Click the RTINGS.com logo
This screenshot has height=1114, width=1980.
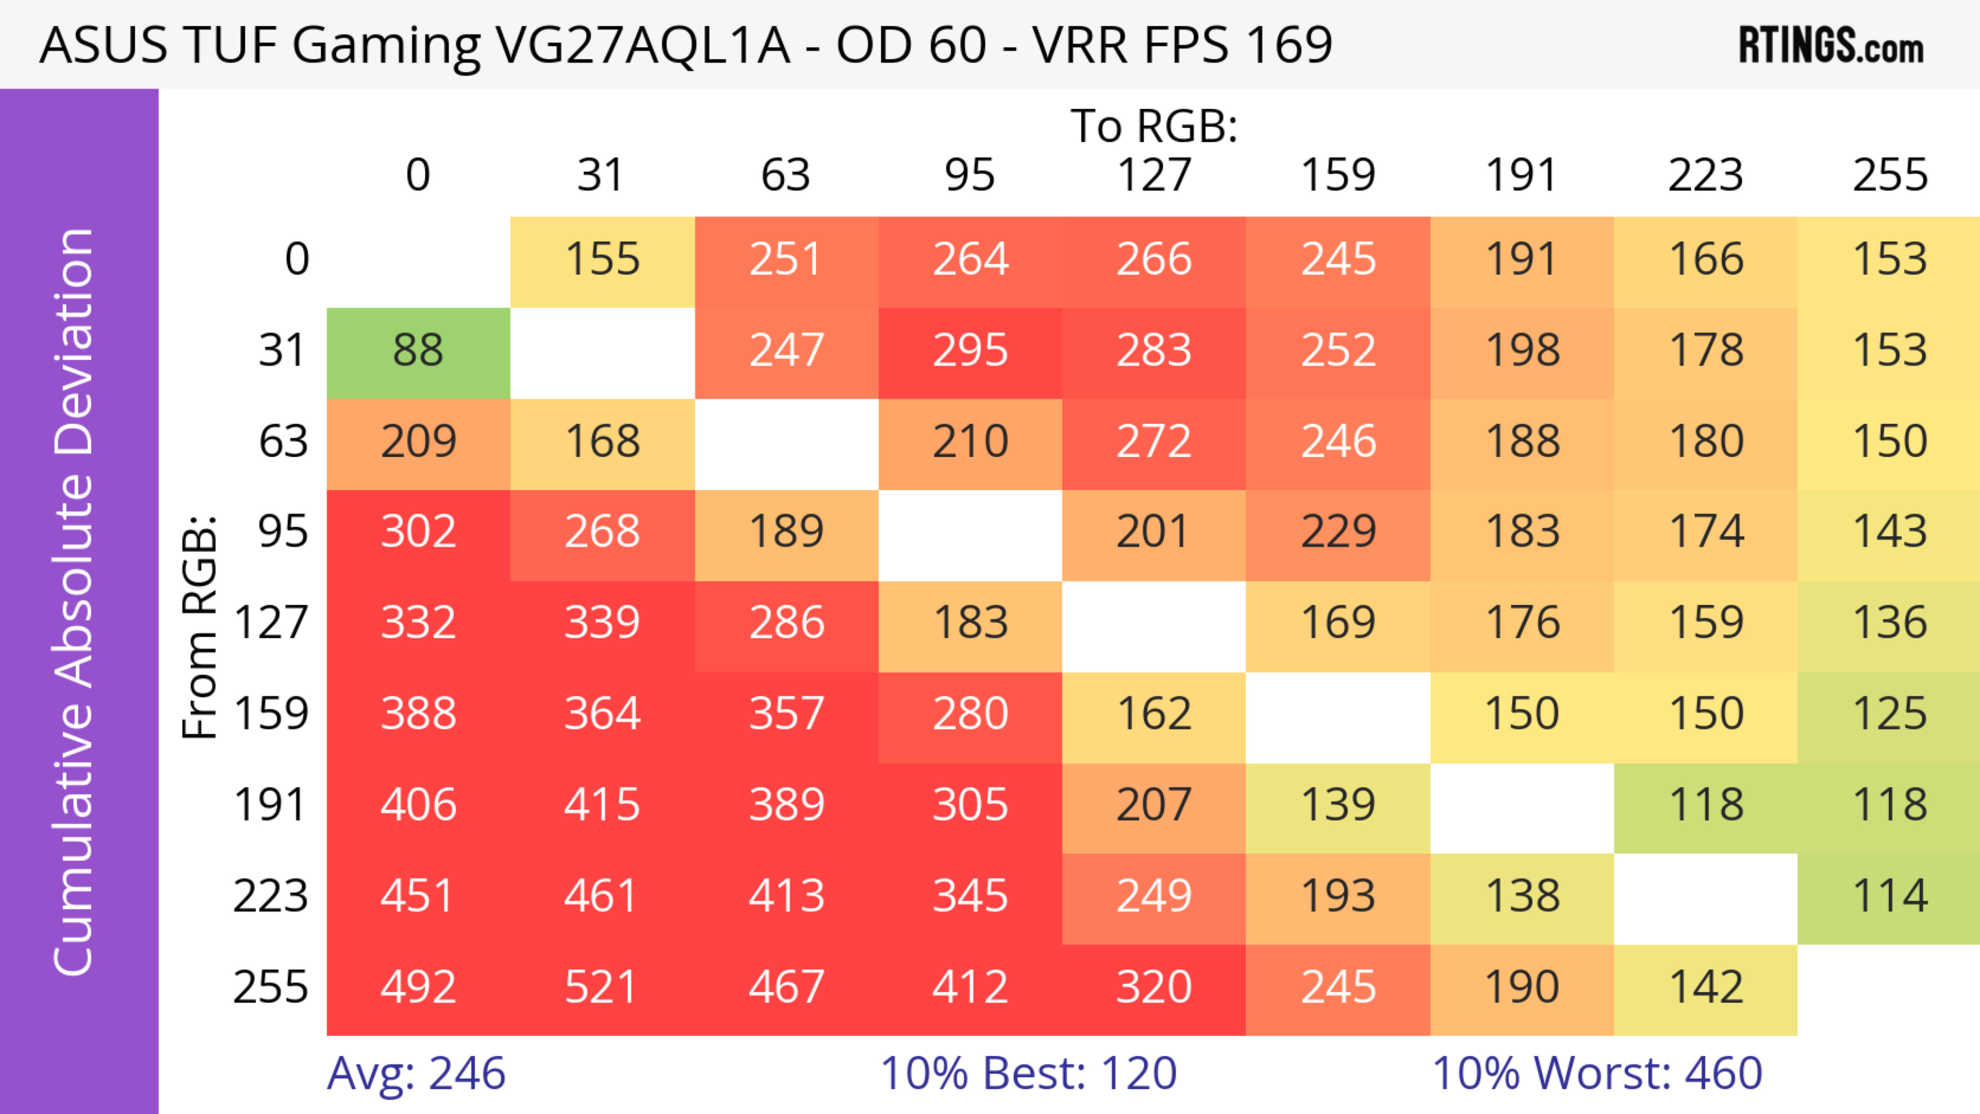[x=1831, y=46]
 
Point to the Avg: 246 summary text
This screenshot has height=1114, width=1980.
[x=416, y=1073]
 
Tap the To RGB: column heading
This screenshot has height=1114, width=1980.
[x=1154, y=126]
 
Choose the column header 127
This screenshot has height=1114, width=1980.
[x=1154, y=176]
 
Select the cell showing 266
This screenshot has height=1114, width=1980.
[x=1154, y=260]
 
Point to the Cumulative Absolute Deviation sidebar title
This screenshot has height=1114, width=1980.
[x=75, y=602]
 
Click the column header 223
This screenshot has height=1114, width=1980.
[x=1706, y=176]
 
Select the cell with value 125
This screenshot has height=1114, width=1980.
[x=1889, y=714]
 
